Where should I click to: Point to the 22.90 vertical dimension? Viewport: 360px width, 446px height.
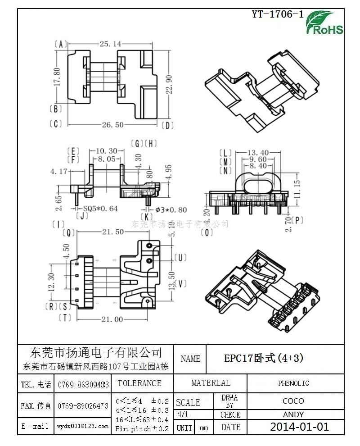pos(168,84)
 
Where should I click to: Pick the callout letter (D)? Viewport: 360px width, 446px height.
pos(167,125)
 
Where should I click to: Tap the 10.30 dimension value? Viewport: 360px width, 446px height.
pos(106,151)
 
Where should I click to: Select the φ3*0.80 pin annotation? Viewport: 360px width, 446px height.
pos(170,209)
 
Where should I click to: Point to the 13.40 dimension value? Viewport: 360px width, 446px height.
pos(258,152)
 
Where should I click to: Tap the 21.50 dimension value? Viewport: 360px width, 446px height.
pos(112,232)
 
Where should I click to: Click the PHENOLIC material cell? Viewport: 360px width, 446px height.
pos(293,383)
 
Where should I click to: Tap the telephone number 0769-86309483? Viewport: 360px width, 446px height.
pos(83,385)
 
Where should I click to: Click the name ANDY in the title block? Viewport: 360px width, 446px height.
pos(293,414)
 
